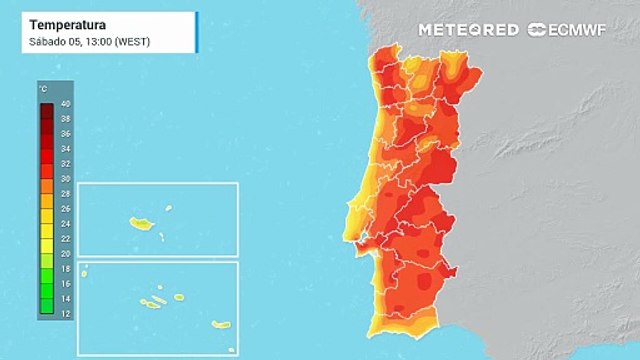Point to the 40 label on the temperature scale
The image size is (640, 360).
[x=65, y=104]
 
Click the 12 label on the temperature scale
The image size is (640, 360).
[x=65, y=314]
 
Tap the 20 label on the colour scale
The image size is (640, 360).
[x=65, y=254]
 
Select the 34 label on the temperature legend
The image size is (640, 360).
[x=65, y=149]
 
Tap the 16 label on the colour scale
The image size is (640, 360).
[x=65, y=284]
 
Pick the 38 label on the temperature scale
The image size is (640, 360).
[x=65, y=119]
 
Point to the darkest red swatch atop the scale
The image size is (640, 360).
[x=47, y=107]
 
